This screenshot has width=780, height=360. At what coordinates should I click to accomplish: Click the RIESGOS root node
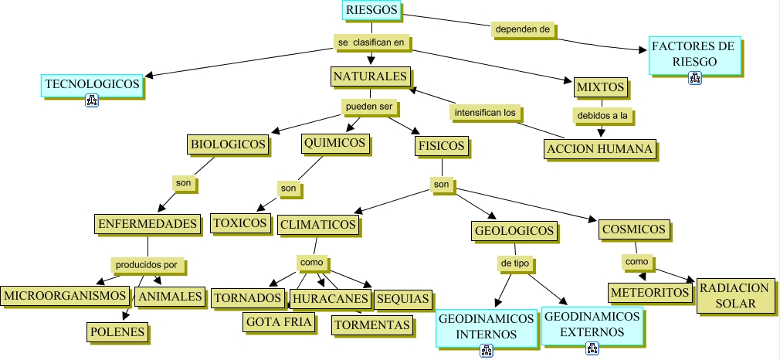371,10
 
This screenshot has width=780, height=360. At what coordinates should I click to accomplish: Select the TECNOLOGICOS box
92,84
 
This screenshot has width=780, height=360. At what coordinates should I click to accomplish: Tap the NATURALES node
370,76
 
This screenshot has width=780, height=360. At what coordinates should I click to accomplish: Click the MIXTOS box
599,86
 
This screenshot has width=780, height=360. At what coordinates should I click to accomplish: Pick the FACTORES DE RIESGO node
694,53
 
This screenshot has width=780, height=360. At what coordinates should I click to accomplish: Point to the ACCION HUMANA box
599,148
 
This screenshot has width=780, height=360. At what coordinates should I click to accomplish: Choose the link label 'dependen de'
523,29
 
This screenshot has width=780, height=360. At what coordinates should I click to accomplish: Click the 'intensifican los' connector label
484,112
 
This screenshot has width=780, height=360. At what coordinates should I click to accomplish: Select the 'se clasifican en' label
370,42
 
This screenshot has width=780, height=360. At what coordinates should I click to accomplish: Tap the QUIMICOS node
334,143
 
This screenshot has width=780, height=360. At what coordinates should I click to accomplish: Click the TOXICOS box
239,223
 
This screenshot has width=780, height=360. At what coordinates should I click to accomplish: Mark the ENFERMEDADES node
148,224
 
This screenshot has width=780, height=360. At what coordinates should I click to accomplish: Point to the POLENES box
117,332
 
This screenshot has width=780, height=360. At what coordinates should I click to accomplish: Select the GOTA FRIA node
277,321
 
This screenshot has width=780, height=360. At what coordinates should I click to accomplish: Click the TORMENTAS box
372,325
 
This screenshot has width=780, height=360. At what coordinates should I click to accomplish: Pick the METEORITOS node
649,293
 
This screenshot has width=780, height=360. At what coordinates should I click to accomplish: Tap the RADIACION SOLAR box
735,296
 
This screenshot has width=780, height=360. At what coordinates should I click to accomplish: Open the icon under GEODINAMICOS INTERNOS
487,352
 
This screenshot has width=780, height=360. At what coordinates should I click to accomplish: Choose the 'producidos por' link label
146,265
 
